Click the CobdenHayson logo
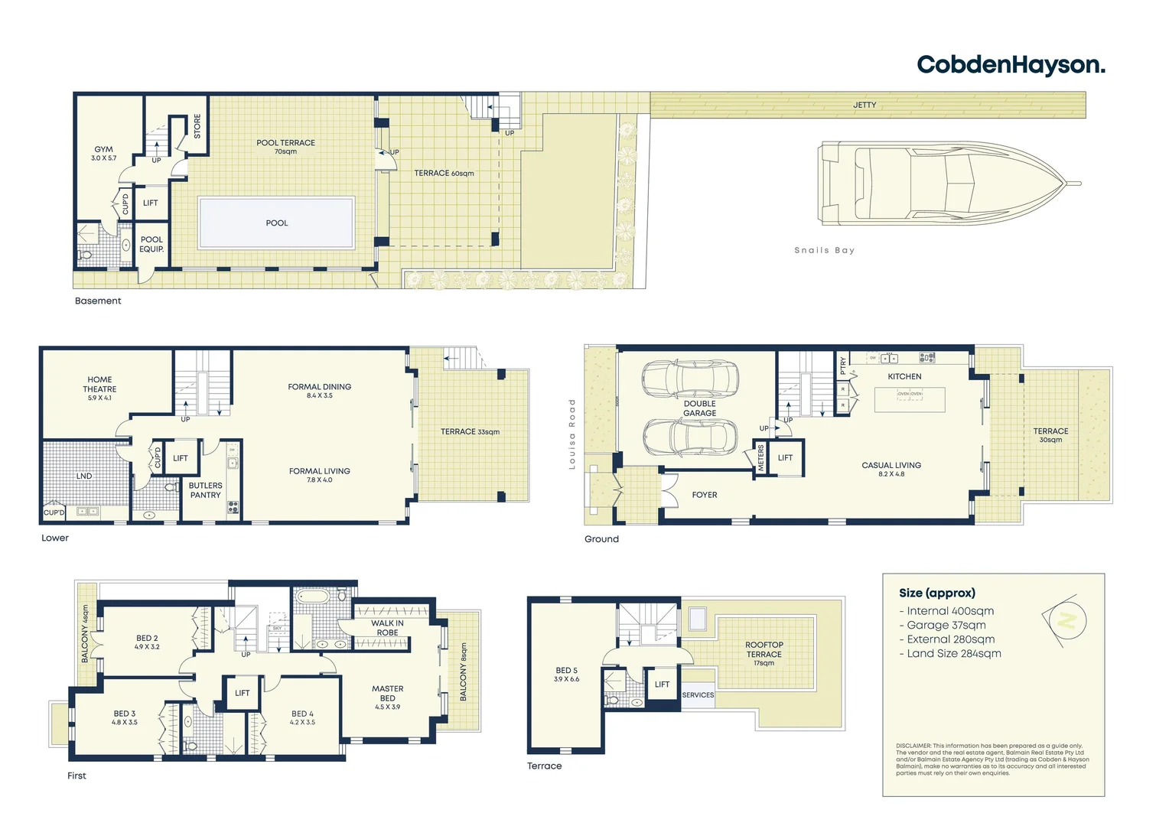(x=1010, y=65)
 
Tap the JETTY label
(x=865, y=105)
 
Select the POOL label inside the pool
(x=276, y=223)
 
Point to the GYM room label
(x=103, y=150)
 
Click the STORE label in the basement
(x=197, y=126)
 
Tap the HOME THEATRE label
(x=99, y=385)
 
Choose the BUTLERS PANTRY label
(x=205, y=490)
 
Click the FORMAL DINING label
(x=319, y=387)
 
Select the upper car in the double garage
(x=690, y=378)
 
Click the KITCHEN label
(x=904, y=376)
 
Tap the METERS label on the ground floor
(x=760, y=457)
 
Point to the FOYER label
(x=705, y=495)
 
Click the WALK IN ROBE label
(x=387, y=628)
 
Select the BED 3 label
(x=124, y=714)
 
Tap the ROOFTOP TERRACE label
(x=764, y=649)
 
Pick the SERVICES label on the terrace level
(x=698, y=695)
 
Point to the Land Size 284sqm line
(x=949, y=653)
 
